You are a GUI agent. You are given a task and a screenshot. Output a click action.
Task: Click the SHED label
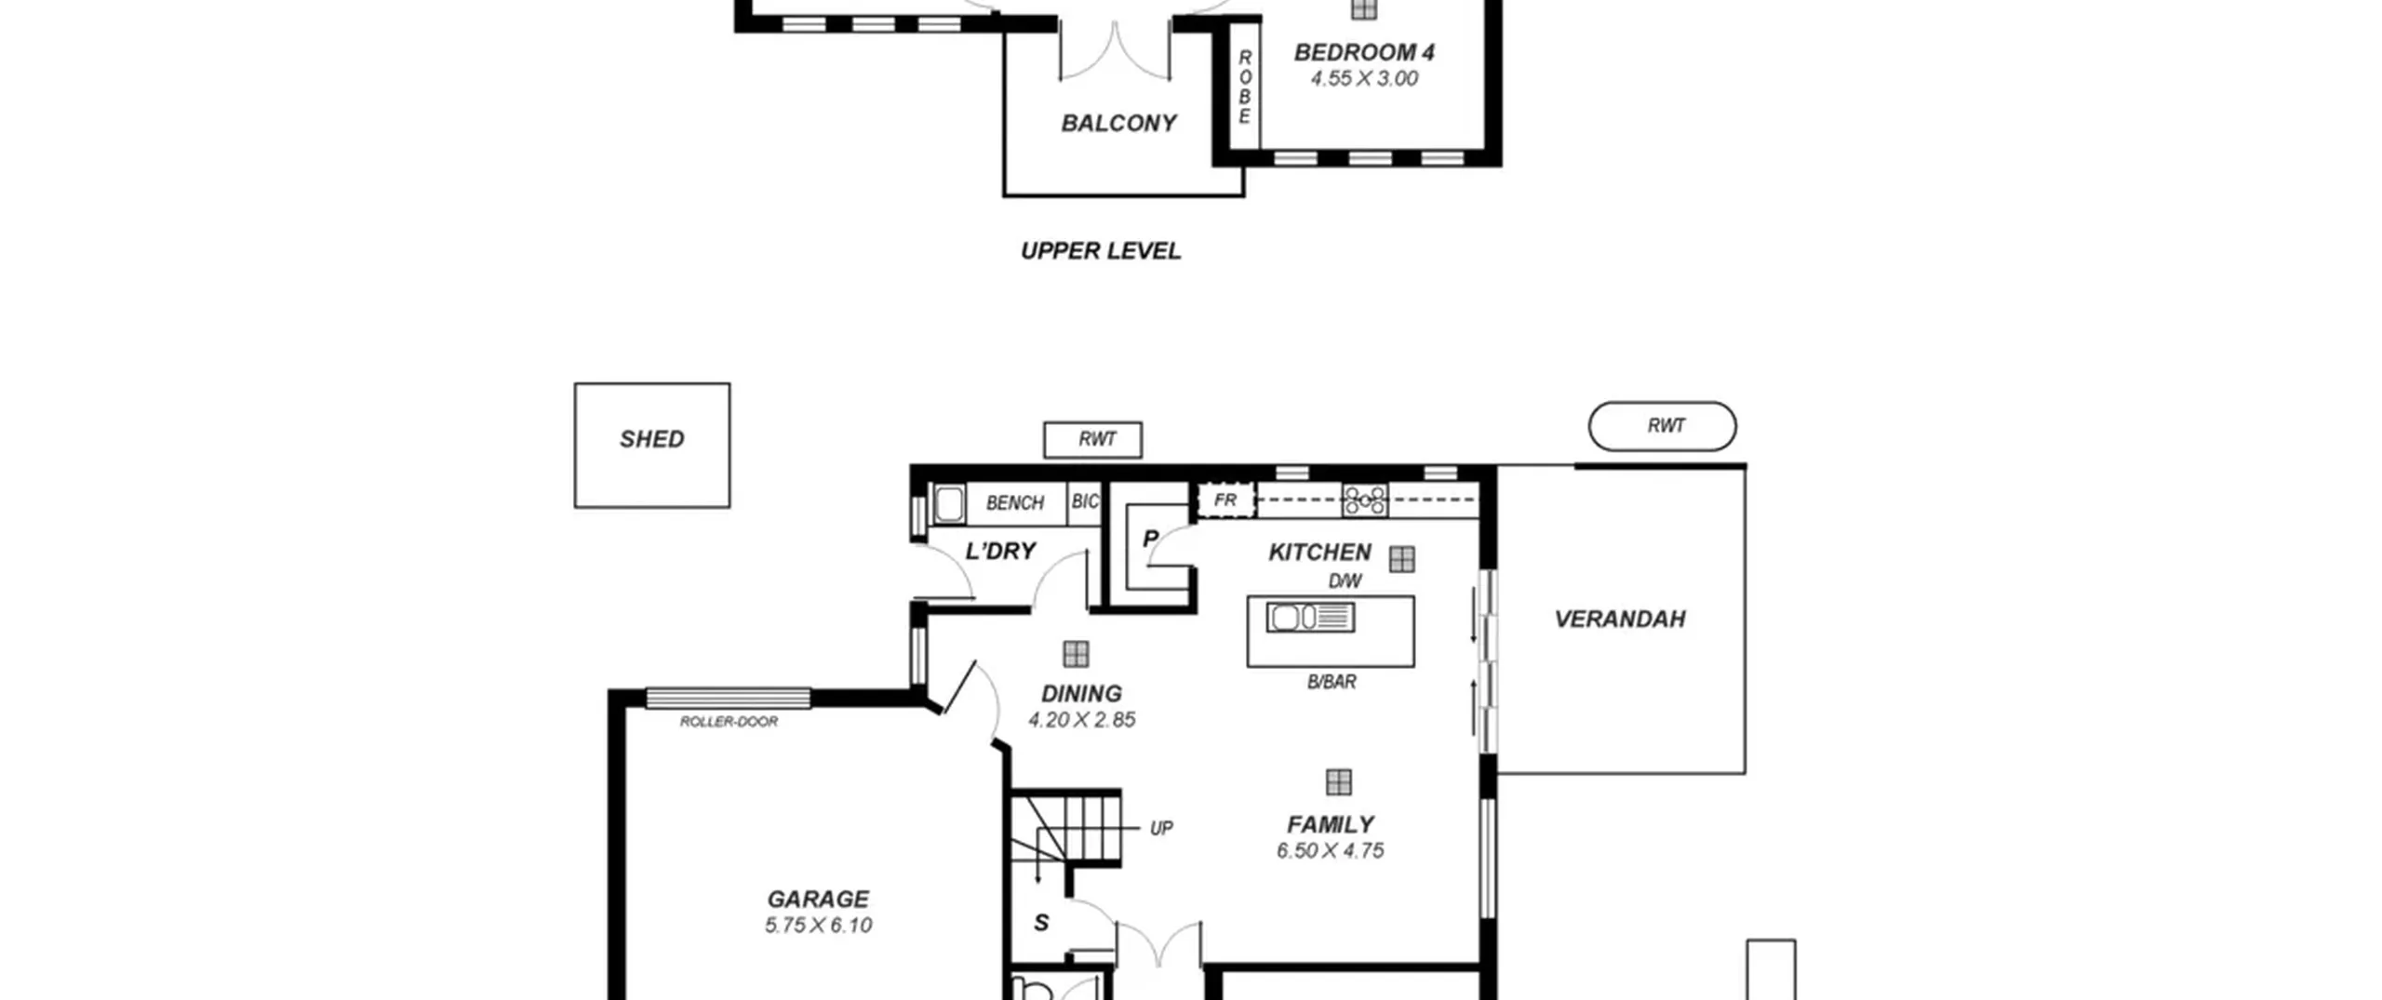(x=651, y=439)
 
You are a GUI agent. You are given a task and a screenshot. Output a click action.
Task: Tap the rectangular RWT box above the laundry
(x=1092, y=439)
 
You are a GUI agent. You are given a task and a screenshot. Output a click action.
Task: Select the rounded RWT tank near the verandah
(x=1662, y=426)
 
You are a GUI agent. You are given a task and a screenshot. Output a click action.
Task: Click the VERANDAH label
(x=1620, y=619)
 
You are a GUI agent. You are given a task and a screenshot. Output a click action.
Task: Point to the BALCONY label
(x=1118, y=123)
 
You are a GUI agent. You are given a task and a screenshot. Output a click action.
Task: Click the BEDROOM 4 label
(x=1364, y=52)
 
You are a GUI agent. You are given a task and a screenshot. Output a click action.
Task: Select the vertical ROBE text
(x=1245, y=87)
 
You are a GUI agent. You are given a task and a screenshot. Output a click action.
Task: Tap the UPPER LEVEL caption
(x=1101, y=250)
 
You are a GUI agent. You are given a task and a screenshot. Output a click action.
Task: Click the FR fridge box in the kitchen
(x=1225, y=500)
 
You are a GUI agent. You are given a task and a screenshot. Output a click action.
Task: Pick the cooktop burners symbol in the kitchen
(x=1364, y=500)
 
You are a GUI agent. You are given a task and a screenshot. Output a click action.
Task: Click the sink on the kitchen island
(x=1310, y=617)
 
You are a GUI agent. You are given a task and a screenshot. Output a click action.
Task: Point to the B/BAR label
(x=1332, y=682)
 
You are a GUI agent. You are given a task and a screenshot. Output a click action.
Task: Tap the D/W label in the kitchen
(x=1345, y=581)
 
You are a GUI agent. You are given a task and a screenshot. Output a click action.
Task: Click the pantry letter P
(x=1150, y=539)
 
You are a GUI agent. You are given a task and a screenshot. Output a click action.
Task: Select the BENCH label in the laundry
(x=1014, y=503)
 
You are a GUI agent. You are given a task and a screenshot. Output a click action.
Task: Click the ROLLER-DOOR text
(x=729, y=721)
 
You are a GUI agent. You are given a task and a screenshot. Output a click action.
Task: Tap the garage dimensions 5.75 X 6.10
(x=818, y=926)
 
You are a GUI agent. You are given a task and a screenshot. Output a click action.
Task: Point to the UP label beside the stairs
(x=1161, y=828)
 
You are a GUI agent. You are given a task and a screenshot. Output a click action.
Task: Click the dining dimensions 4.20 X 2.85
(x=1081, y=720)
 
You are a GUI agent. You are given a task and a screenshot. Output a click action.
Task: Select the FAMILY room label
(x=1331, y=825)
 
